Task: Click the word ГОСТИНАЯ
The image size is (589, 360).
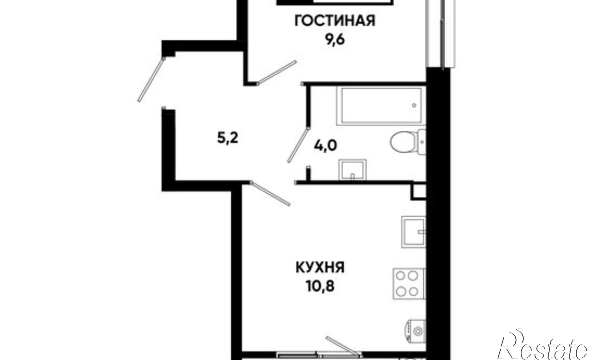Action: coord(335,21)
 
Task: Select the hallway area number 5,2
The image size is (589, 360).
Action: coord(227,138)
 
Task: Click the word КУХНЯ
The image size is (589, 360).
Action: coord(320,268)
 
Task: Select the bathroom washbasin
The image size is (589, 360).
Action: coord(353,170)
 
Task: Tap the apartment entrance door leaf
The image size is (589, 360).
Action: coord(151,79)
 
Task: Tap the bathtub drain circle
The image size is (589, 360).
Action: coord(414,105)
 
